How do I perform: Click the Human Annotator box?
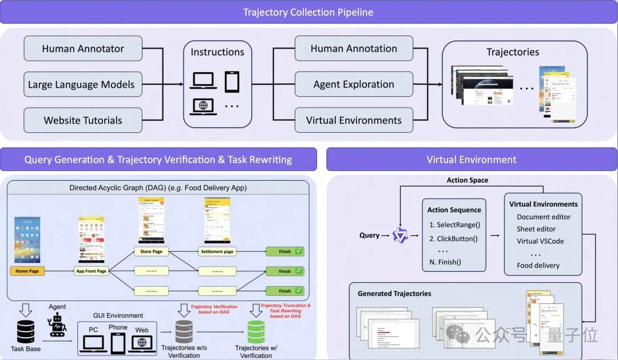coord(83,49)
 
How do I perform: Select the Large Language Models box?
coord(83,85)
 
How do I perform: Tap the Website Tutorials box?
coord(83,120)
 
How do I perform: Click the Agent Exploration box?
coord(354,84)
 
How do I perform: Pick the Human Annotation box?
coord(354,49)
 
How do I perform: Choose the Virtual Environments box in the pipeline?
coord(354,120)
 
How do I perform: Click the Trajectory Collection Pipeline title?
coord(309,12)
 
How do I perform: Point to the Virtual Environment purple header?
coord(472,160)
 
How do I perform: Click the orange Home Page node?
coord(27,271)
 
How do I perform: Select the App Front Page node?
coord(92,271)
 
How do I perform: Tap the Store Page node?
coord(151,251)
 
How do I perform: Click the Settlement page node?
coord(217,251)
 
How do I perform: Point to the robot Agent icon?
coord(58,326)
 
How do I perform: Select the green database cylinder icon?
coord(256,331)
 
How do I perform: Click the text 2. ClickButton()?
coord(457,239)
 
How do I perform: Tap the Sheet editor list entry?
coord(536,229)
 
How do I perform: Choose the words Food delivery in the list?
coord(538,265)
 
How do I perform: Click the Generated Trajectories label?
coord(394,294)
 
